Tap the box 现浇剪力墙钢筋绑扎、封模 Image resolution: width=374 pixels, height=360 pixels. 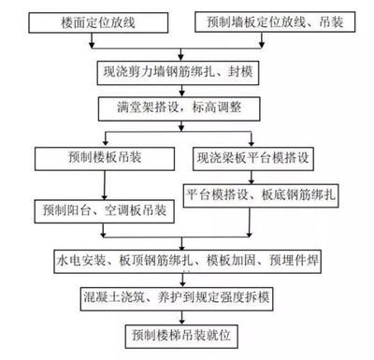tap(181, 71)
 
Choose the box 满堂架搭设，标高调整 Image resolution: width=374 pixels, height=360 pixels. tap(181, 108)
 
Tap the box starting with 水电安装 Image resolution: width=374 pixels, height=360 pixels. tap(181, 258)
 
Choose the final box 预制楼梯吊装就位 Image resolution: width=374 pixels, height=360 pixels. tap(181, 333)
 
